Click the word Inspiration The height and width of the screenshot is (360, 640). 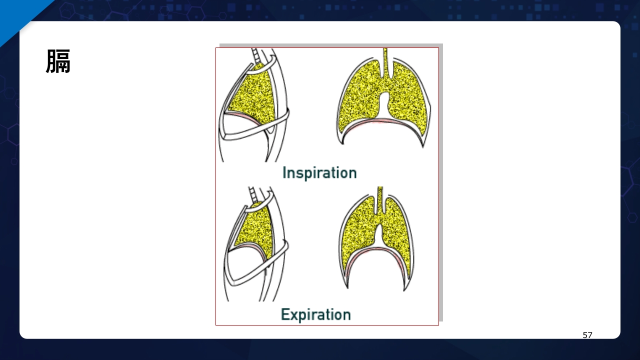pyautogui.click(x=319, y=173)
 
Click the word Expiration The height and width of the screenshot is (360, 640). pyautogui.click(x=316, y=314)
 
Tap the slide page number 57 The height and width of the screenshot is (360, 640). pyautogui.click(x=587, y=335)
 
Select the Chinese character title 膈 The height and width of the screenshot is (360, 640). pyautogui.click(x=58, y=61)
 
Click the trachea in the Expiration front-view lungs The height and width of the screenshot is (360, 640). pyautogui.click(x=380, y=199)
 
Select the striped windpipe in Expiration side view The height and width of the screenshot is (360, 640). pyautogui.click(x=252, y=195)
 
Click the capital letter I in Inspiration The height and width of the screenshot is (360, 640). pyautogui.click(x=284, y=172)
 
